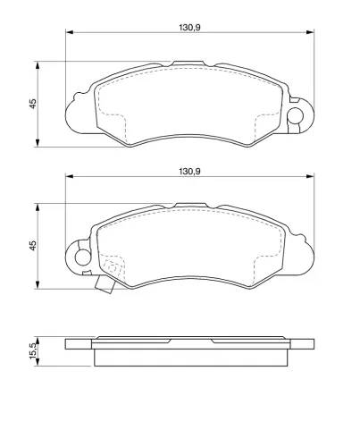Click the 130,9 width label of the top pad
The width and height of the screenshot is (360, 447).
point(189,28)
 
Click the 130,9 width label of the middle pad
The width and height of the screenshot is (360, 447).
point(189,172)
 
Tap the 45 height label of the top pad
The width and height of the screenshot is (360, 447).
point(33,104)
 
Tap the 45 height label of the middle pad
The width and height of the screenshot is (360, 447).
point(33,245)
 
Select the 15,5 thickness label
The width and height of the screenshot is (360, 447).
point(33,350)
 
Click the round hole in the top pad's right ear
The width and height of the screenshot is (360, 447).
point(295,115)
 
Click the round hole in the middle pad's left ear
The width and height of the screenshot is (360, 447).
point(82,257)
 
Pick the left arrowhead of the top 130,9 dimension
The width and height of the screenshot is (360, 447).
point(69,32)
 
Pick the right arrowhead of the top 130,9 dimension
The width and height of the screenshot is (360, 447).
point(310,32)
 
